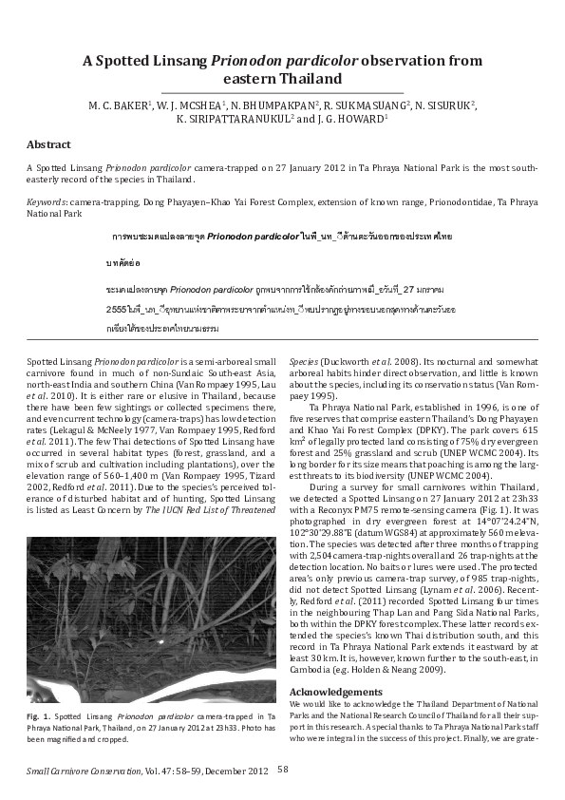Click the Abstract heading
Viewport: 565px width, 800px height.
(x=48, y=144)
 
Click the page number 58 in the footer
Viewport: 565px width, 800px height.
(x=283, y=769)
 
